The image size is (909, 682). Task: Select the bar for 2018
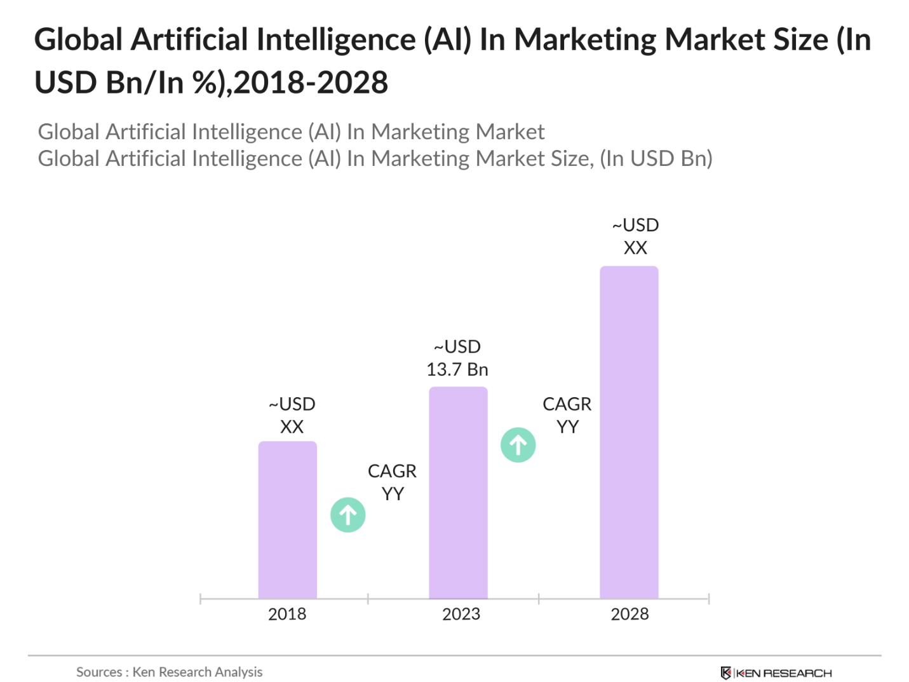pos(287,520)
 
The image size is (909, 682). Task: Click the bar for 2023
pos(458,493)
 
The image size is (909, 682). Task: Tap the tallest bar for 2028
pos(629,432)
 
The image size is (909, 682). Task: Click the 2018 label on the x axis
pos(287,614)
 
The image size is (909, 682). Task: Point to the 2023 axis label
pos(461,614)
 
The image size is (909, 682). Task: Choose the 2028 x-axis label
pos(630,614)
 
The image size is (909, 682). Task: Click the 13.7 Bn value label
pos(457,369)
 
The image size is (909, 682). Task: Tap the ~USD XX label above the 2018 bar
pos(292,415)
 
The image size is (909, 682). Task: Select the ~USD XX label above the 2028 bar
pos(635,236)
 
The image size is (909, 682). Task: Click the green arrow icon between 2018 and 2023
pos(348,515)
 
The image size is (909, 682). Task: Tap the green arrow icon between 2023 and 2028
pos(518,445)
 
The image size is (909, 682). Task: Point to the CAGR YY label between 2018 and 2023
pos(393,482)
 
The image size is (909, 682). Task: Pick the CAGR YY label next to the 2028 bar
pos(567,415)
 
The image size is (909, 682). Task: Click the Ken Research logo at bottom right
pos(776,672)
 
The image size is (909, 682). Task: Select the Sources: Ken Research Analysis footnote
pos(170,672)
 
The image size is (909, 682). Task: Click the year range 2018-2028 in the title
pos(311,83)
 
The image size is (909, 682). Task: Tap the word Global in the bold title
pos(78,40)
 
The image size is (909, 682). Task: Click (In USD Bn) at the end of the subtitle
pos(656,158)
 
